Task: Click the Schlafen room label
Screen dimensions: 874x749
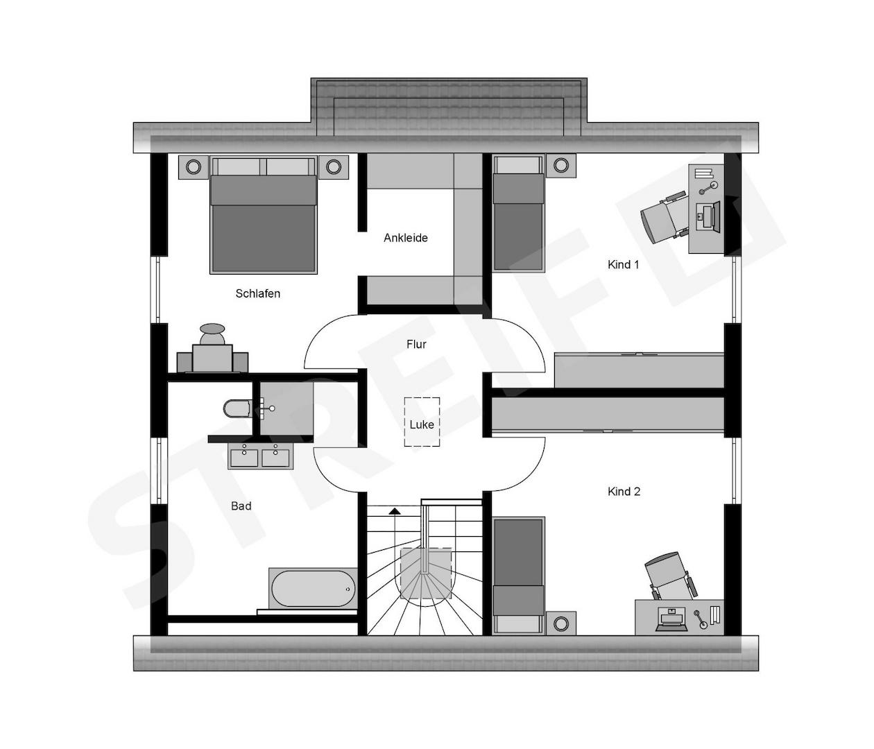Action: pyautogui.click(x=257, y=293)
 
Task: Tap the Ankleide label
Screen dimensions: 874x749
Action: pyautogui.click(x=406, y=238)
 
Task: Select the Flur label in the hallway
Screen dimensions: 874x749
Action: pyautogui.click(x=416, y=344)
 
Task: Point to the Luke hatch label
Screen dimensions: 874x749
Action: pyautogui.click(x=422, y=424)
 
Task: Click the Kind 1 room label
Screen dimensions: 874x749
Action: pyautogui.click(x=624, y=265)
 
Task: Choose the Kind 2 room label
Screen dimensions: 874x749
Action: pyautogui.click(x=624, y=492)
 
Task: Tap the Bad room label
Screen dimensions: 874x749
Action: pyautogui.click(x=241, y=506)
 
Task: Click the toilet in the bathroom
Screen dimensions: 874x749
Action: pyautogui.click(x=237, y=408)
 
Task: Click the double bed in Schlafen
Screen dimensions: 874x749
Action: pyautogui.click(x=264, y=215)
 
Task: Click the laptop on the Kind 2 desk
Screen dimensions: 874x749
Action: pyautogui.click(x=671, y=619)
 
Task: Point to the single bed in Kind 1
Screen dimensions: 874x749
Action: pyautogui.click(x=518, y=213)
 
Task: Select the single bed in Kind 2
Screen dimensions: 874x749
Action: pyautogui.click(x=518, y=576)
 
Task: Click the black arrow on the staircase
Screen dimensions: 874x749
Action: pyautogui.click(x=395, y=511)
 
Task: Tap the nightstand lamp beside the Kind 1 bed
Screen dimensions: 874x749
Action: pyautogui.click(x=561, y=165)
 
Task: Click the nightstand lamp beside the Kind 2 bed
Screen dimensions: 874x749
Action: pyautogui.click(x=561, y=623)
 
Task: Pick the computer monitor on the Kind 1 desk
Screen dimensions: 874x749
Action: pyautogui.click(x=715, y=216)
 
